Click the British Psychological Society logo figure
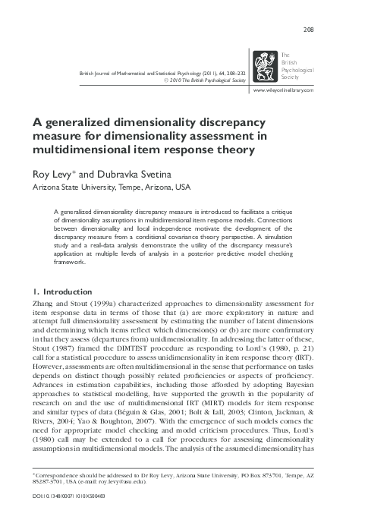tap(266, 66)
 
